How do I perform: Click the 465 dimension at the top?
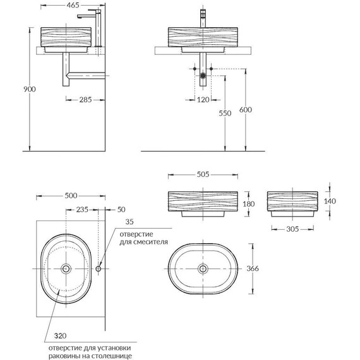73,5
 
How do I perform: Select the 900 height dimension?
30,89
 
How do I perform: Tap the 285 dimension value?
85,100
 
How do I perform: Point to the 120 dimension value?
203,100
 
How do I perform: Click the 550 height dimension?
225,113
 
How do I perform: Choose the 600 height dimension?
246,110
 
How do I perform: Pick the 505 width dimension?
203,174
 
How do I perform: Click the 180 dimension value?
249,204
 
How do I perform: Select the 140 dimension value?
330,201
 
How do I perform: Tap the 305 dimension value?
292,229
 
